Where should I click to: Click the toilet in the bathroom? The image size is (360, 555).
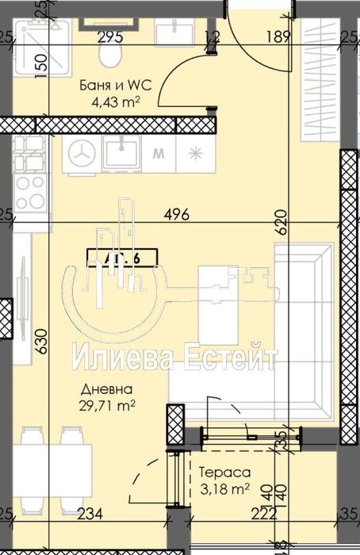tap(109, 52)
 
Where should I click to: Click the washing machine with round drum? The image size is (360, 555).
tap(81, 154)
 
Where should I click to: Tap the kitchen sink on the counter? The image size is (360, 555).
tap(122, 152)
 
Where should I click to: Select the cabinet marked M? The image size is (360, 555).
tap(159, 154)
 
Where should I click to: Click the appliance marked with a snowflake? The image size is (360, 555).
tap(195, 154)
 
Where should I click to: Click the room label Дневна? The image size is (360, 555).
tap(105, 390)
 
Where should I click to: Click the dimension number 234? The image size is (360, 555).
tap(90, 514)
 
